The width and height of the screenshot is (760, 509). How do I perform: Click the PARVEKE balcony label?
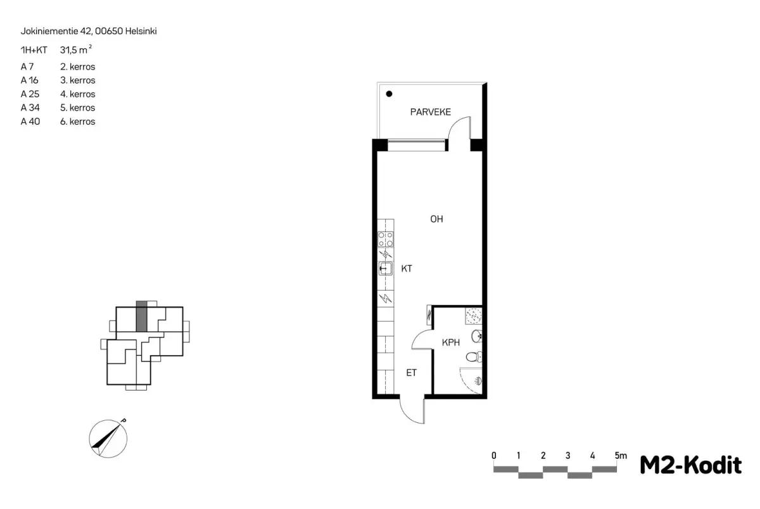coord(430,112)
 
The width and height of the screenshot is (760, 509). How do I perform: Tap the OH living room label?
coord(436,219)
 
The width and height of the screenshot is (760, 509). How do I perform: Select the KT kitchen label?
coord(407,268)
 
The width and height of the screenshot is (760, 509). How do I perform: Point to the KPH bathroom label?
coord(450,342)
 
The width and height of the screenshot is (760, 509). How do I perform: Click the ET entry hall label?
coord(411,373)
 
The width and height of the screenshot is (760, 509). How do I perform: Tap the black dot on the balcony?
coord(389,94)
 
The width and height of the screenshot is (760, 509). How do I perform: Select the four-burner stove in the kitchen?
coord(386,239)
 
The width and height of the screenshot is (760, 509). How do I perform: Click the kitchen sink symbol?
coord(386,268)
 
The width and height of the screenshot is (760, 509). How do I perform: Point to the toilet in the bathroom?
coord(474,356)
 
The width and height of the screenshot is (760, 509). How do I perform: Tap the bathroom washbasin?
coord(476,336)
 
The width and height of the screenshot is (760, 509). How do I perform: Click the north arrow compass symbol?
coord(108,439)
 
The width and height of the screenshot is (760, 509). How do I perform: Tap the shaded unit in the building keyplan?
coord(141,316)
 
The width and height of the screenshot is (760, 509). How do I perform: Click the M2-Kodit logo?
coord(690,465)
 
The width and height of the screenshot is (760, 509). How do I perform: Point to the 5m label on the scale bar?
coord(621,455)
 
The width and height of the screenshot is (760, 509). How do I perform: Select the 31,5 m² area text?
coord(76,49)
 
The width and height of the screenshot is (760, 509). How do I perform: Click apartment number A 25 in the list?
coord(30,94)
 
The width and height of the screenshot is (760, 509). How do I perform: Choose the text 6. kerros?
coord(78,122)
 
